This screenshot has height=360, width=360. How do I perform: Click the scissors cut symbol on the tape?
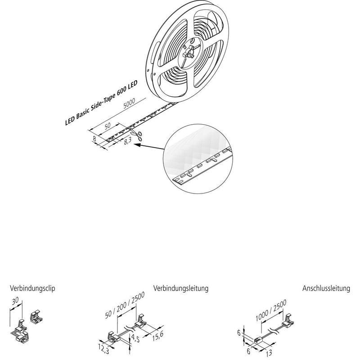pyautogui.click(x=137, y=135)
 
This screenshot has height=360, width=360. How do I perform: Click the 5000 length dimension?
pyautogui.click(x=129, y=103)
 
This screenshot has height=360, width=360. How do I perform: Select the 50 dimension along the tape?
pyautogui.click(x=108, y=126)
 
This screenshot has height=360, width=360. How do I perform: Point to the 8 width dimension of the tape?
pyautogui.click(x=94, y=139)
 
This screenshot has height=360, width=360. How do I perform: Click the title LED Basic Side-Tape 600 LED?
pyautogui.click(x=101, y=103)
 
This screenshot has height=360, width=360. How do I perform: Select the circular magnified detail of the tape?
pyautogui.click(x=198, y=159)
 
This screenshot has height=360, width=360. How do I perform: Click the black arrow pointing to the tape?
pyautogui.click(x=149, y=147)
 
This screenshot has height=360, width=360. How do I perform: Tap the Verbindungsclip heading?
pyautogui.click(x=32, y=288)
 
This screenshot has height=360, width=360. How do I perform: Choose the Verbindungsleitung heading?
pyautogui.click(x=181, y=288)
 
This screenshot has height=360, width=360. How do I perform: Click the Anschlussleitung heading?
pyautogui.click(x=326, y=288)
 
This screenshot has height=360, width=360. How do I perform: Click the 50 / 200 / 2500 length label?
pyautogui.click(x=125, y=305)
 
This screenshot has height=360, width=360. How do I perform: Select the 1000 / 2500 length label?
pyautogui.click(x=271, y=310)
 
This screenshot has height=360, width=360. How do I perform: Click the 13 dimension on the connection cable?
pyautogui.click(x=269, y=353)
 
